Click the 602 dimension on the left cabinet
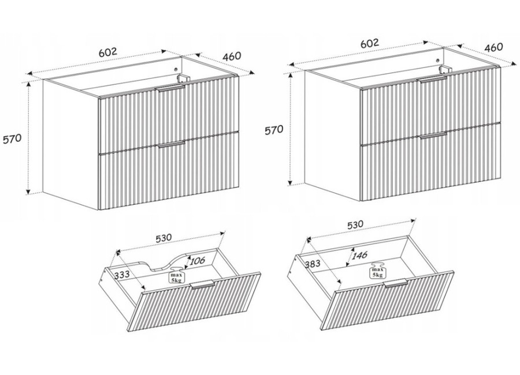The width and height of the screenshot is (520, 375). (108, 52)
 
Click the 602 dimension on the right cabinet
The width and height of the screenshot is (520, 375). (369, 43)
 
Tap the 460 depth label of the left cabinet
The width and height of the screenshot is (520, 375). (232, 56)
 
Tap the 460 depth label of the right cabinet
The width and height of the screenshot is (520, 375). (494, 47)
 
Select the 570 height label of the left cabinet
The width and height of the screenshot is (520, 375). (12, 138)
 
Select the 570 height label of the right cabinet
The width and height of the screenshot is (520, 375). (274, 130)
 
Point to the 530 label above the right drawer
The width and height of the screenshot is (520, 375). (355, 225)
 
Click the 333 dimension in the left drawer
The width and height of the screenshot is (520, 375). (122, 274)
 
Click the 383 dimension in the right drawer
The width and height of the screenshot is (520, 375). (313, 263)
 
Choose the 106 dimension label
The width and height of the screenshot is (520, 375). (198, 260)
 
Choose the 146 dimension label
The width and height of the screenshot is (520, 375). (359, 255)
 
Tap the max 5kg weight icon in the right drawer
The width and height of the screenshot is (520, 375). (377, 271)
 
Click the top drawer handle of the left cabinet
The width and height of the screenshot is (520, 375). (172, 88)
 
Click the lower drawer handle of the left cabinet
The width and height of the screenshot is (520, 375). (172, 144)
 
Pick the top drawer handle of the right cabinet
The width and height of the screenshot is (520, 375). (433, 78)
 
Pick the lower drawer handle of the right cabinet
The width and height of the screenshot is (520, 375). (433, 135)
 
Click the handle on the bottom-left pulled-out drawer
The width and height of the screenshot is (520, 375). (203, 284)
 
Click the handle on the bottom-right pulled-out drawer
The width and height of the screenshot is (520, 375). (396, 283)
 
